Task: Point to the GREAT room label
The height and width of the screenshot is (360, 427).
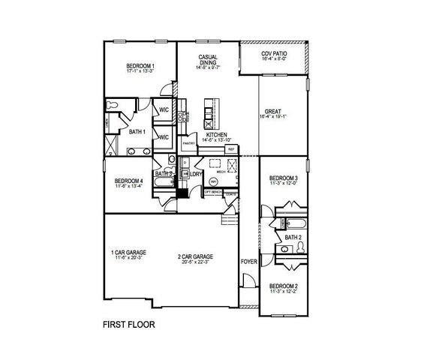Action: click(272, 111)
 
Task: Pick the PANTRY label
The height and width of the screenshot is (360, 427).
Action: click(188, 143)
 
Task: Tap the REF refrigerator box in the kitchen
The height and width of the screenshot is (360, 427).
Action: click(231, 149)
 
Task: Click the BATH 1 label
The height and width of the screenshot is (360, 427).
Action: click(137, 131)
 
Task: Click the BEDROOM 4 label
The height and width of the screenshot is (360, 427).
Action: click(128, 181)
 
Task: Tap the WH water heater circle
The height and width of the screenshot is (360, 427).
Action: click(213, 182)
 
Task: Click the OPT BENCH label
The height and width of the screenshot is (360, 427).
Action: click(212, 192)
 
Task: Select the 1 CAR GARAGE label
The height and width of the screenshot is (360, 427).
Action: click(128, 252)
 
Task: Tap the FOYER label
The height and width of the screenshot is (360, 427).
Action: click(248, 262)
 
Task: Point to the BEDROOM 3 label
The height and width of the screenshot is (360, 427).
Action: click(284, 178)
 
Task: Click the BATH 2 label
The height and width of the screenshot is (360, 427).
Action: click(293, 238)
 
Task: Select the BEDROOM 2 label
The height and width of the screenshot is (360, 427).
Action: click(284, 286)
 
